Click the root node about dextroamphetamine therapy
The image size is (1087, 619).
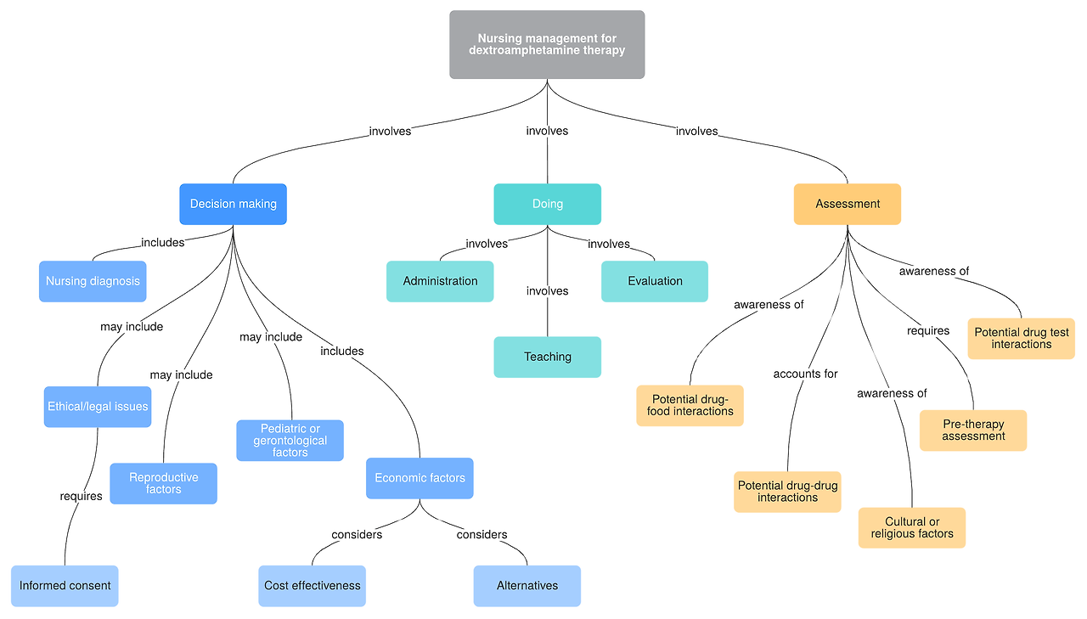coord(547,44)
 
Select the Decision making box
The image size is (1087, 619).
coord(233,204)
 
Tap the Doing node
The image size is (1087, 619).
coord(547,204)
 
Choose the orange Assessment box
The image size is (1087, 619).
coord(847,204)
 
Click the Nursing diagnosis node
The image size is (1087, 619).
coord(93,281)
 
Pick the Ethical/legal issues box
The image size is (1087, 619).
coord(98,407)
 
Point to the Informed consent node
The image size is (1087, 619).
coord(65,586)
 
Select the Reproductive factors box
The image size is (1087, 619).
coord(163,483)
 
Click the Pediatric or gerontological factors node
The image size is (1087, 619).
coord(290,441)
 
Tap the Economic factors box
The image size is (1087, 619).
coord(420,478)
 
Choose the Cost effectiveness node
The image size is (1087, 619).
coord(312,586)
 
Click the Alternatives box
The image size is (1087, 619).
coord(527,586)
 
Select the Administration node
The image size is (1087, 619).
coord(440,281)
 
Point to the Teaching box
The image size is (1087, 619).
coord(547,357)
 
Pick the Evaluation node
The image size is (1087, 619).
coord(655,281)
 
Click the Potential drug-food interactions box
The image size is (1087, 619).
coord(690,405)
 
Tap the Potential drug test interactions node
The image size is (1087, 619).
coord(1021,339)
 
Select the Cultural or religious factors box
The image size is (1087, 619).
coord(911,528)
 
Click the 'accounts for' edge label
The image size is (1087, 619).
coord(805,374)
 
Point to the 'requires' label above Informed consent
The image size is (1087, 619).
coord(81,496)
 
